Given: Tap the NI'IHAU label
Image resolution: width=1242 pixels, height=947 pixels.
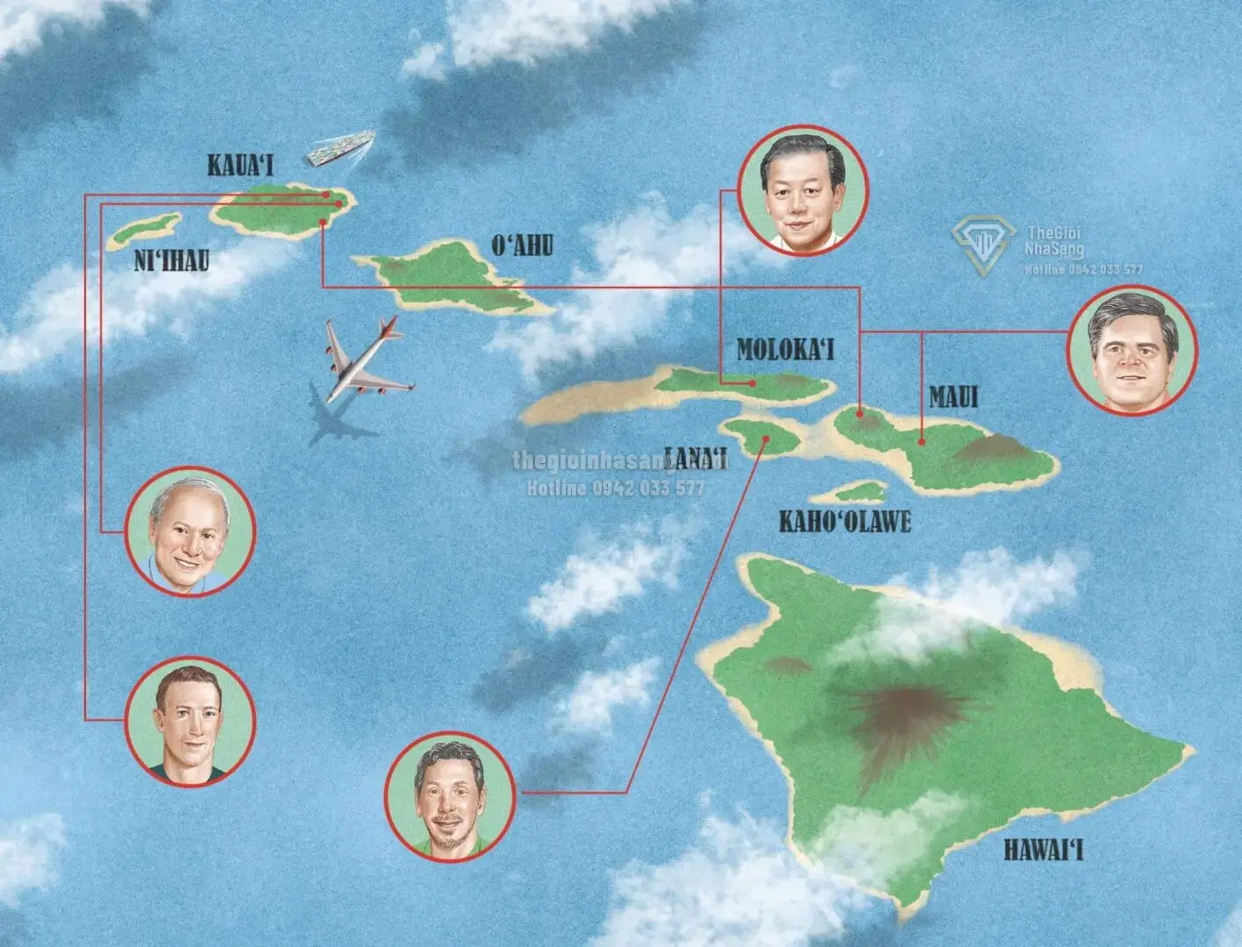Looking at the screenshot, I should coord(172,260).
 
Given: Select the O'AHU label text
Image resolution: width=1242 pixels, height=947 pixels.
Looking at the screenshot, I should coord(523,246).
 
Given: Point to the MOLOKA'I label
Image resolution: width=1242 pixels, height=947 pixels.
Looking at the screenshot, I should coord(785,350).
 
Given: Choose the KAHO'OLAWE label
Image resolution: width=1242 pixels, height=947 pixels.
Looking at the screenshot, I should coord(846,523).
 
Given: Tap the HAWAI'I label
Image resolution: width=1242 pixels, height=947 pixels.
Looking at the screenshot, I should coord(1043,851).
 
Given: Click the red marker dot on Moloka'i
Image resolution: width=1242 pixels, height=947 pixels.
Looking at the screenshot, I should coord(753,383).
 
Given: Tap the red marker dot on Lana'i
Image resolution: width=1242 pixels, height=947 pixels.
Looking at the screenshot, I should coord(765,439).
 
